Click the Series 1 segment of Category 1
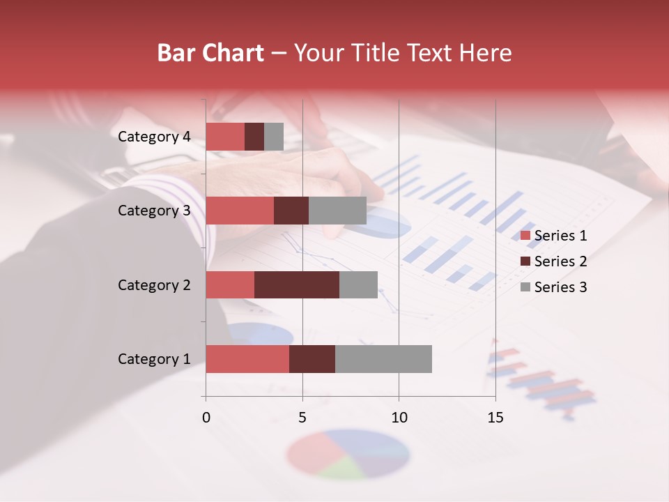tap(247, 359)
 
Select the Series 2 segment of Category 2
tap(297, 284)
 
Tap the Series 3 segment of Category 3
tap(337, 211)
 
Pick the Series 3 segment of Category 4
tap(274, 137)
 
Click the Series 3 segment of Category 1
tap(383, 359)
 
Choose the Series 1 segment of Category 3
tap(240, 211)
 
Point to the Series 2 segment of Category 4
tap(254, 137)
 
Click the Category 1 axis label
tap(154, 359)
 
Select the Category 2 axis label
tap(154, 284)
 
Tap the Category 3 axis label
tap(154, 211)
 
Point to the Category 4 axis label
tap(154, 137)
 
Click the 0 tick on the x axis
tap(206, 418)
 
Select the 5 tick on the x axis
tap(302, 418)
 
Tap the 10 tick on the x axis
tap(399, 418)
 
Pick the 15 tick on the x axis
tap(495, 418)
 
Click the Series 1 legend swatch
tap(525, 236)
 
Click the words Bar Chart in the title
tap(210, 53)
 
